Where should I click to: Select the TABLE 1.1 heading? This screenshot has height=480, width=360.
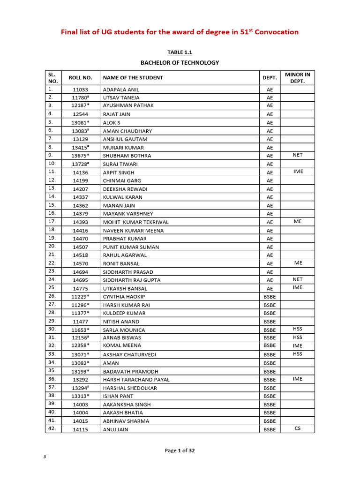coord(180,52)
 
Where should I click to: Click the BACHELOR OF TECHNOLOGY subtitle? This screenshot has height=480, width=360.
coord(180,62)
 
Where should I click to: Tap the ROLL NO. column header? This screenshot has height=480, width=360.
coord(81,77)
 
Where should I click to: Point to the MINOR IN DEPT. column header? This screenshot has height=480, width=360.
coord(298,77)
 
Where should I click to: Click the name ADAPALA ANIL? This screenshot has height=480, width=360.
coord(121,89)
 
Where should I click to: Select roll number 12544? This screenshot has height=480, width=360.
coord(80,114)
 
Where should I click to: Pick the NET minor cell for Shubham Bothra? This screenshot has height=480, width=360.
coord(298,155)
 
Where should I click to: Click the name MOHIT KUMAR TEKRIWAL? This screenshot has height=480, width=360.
coord(135,222)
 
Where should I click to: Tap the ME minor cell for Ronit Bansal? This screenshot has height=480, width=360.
coord(298,263)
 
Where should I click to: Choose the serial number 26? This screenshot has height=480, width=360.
coord(52,296)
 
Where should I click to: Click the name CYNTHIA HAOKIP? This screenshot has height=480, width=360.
coord(124,297)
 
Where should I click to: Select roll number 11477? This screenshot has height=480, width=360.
coord(80,322)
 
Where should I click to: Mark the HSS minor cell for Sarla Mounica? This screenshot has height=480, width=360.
coord(298,329)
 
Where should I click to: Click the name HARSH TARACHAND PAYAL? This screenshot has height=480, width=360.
coord(136,380)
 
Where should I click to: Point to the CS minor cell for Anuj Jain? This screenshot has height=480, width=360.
coord(298,428)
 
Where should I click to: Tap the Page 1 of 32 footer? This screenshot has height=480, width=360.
coord(180,450)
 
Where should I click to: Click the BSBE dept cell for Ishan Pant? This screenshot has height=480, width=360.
coord(270,396)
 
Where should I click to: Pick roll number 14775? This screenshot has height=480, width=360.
coord(80,288)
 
